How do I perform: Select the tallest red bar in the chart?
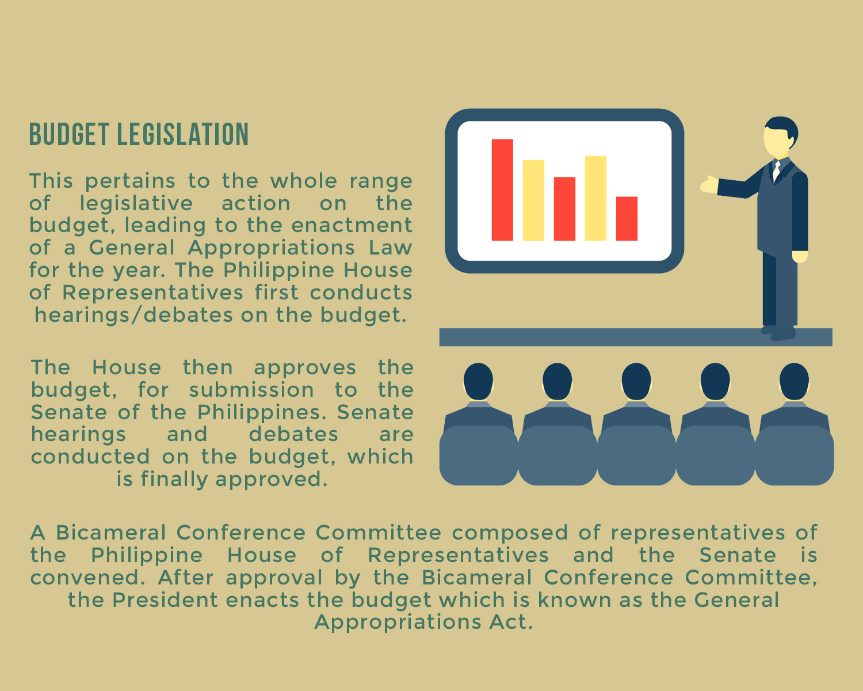[502, 190]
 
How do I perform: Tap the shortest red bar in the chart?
[627, 219]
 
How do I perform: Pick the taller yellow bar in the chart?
[595, 198]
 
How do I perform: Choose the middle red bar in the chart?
[564, 209]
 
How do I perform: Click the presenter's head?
[780, 137]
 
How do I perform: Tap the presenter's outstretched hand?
[709, 185]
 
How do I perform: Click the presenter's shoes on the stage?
[778, 333]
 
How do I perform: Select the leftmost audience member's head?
[479, 382]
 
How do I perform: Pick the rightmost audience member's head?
[794, 382]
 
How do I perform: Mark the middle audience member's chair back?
[636, 455]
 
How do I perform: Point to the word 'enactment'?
[352, 225]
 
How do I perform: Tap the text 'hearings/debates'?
[133, 315]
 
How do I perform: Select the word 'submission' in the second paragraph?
[251, 390]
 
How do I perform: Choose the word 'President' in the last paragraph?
[165, 600]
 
